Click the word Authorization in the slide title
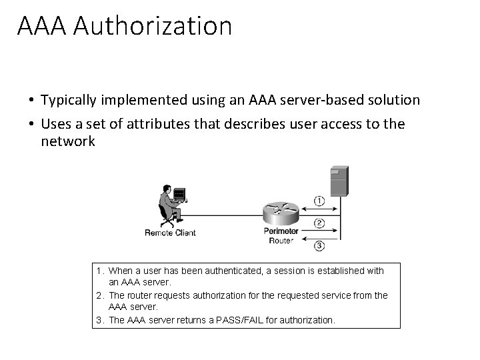[x=154, y=26]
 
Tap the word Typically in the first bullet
[x=69, y=100]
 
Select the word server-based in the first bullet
[x=326, y=100]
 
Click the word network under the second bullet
[x=68, y=141]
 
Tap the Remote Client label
[x=170, y=233]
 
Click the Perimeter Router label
[x=281, y=236]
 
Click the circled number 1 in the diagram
[x=319, y=200]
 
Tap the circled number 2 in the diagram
[x=319, y=223]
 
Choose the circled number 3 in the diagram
[x=319, y=245]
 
